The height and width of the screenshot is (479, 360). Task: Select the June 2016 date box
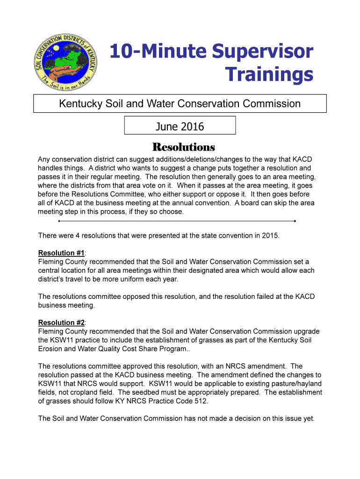click(x=180, y=126)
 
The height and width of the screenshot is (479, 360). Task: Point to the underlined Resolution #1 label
click(x=61, y=253)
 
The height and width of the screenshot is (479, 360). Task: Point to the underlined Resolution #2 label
click(x=61, y=323)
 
